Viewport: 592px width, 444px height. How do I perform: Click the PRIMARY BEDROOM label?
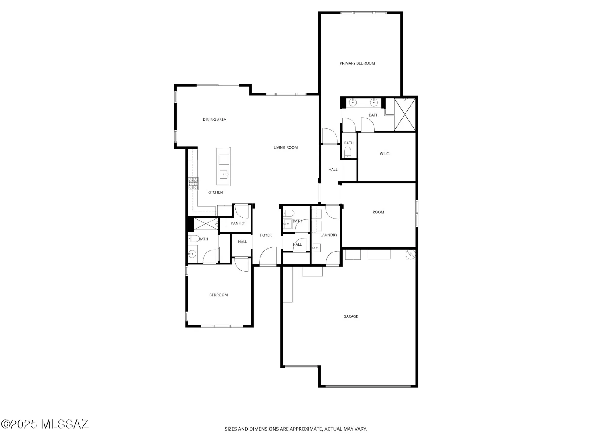(357, 63)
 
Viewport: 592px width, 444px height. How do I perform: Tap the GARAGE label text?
(350, 316)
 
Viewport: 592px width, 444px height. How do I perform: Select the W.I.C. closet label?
(385, 154)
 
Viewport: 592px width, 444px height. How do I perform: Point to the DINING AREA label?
(214, 120)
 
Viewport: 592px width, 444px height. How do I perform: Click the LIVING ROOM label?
(285, 147)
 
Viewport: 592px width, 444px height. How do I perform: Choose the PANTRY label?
(238, 223)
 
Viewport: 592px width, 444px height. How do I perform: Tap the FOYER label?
(266, 235)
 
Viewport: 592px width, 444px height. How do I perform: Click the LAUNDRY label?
(329, 235)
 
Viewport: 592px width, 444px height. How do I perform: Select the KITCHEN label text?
(215, 192)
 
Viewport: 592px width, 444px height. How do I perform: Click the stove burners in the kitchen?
(193, 184)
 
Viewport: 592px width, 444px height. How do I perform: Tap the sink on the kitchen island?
(224, 174)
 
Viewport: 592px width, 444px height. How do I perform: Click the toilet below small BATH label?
(348, 152)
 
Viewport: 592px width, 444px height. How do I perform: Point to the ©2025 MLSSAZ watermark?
(44, 424)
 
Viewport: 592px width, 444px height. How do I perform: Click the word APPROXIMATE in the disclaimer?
(306, 429)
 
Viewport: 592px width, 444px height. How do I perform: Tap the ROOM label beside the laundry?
(378, 212)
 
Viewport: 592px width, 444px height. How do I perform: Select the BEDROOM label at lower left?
(218, 295)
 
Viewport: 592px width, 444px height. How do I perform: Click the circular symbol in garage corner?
(410, 254)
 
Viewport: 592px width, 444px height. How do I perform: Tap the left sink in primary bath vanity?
(353, 102)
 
